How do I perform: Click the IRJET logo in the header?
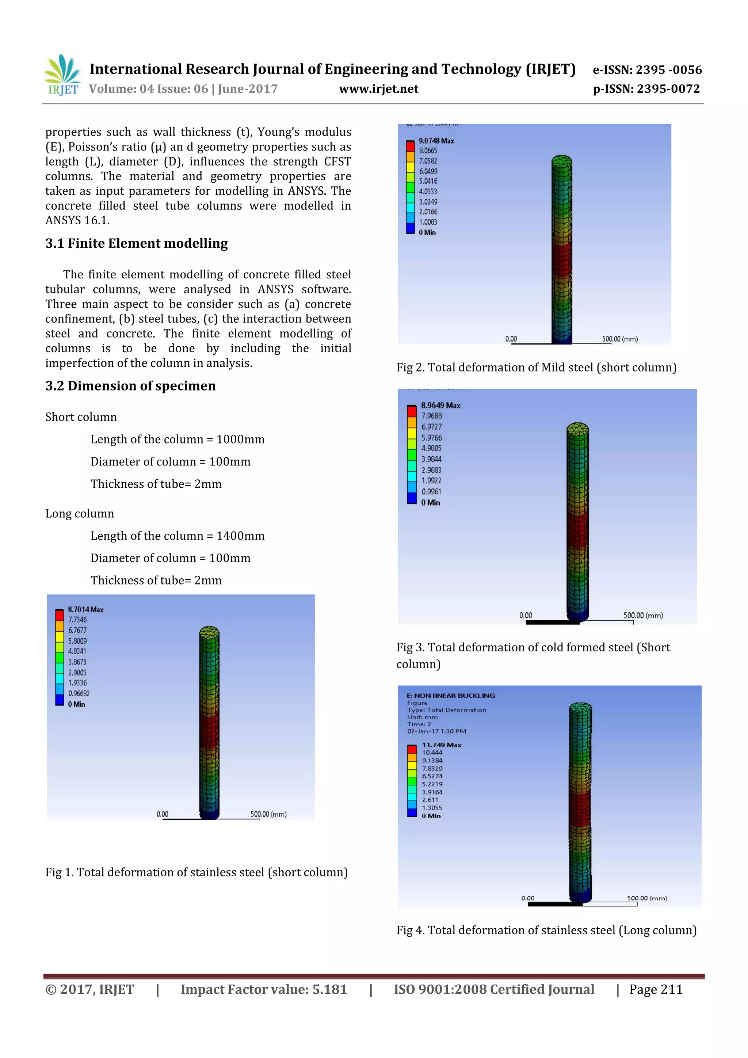[x=62, y=75]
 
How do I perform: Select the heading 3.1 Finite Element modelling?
[x=136, y=243]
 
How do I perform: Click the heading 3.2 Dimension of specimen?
[x=130, y=386]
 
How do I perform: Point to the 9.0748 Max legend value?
[x=436, y=141]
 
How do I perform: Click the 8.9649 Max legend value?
[x=440, y=406]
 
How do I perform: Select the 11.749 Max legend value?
[x=441, y=745]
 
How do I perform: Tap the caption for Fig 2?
[x=536, y=367]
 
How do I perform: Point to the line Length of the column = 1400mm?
[x=178, y=536]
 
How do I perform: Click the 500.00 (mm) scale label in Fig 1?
[x=268, y=814]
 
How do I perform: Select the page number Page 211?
[x=656, y=989]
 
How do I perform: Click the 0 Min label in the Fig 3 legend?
[x=430, y=503]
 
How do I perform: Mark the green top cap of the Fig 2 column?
[x=561, y=160]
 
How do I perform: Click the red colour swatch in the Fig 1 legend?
[x=60, y=615]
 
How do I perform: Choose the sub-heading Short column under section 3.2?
[x=81, y=417]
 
